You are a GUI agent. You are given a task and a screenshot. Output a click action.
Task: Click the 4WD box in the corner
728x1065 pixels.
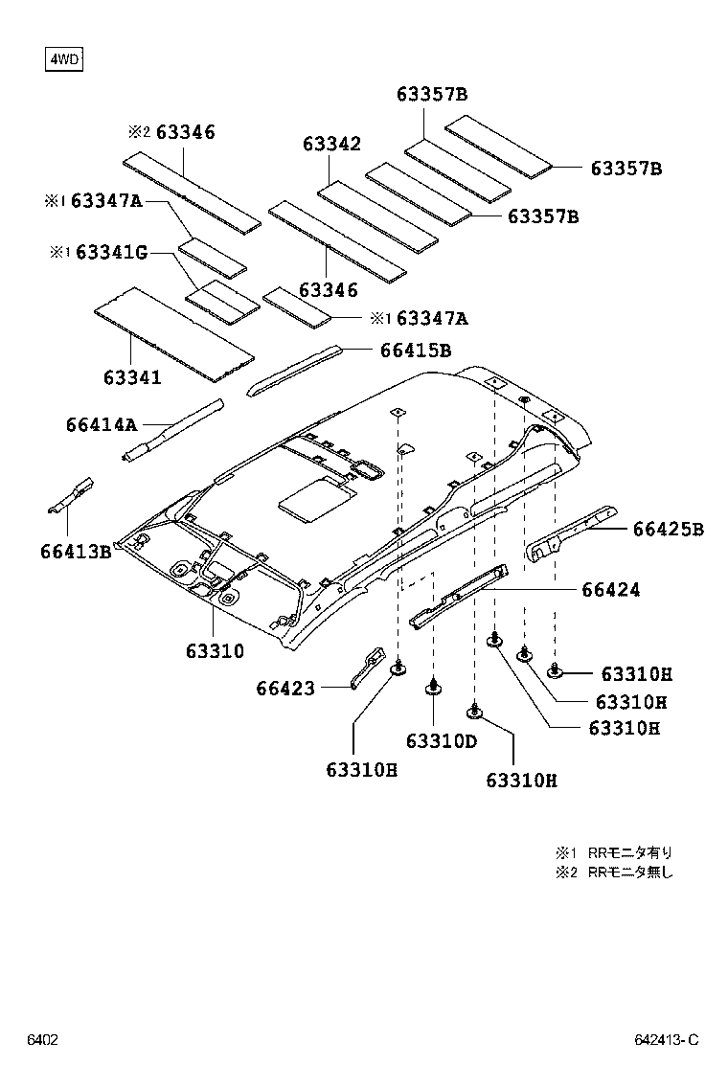point(64,60)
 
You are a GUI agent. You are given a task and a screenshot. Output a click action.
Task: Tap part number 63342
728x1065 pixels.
point(331,144)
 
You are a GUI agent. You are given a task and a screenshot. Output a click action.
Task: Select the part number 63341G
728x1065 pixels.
point(111,253)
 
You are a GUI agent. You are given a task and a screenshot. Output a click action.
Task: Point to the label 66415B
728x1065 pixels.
point(415,351)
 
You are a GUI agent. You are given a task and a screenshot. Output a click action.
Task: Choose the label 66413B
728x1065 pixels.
point(77,552)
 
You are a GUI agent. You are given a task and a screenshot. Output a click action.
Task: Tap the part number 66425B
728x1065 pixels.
point(668,529)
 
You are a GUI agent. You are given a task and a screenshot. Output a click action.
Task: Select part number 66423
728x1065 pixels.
point(285,688)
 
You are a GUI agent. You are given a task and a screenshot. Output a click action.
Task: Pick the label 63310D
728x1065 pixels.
point(441,741)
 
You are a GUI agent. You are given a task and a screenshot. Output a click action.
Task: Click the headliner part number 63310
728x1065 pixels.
point(215,651)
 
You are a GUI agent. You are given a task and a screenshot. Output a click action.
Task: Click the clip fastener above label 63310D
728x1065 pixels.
point(433,685)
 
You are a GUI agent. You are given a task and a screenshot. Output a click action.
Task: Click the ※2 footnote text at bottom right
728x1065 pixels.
point(614,872)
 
